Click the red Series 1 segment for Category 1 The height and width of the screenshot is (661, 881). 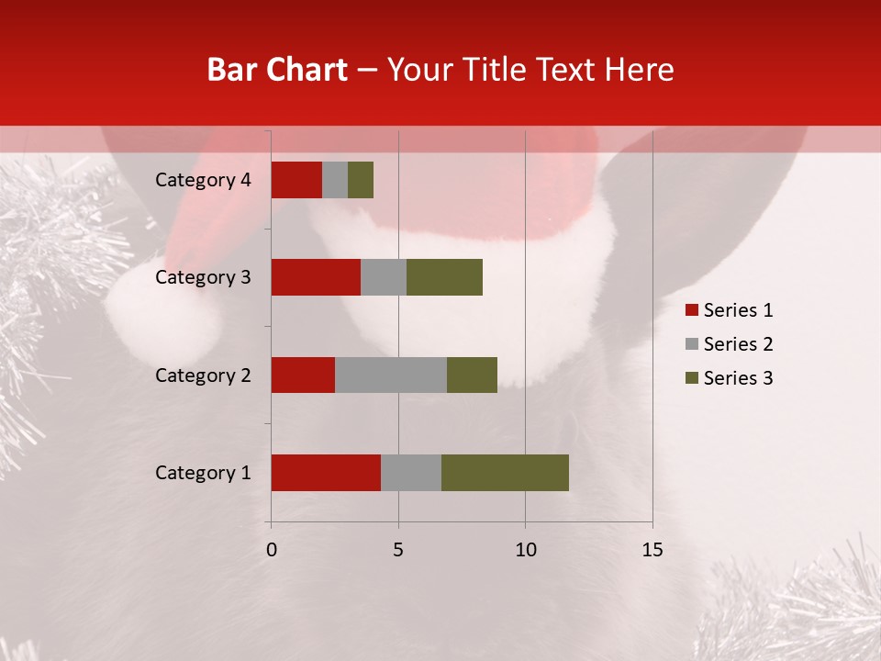pyautogui.click(x=326, y=473)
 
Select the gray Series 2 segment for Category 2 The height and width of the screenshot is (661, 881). pyautogui.click(x=391, y=375)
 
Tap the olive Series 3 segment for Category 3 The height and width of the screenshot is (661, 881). pyautogui.click(x=444, y=277)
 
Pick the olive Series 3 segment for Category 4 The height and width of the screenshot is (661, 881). pyautogui.click(x=361, y=180)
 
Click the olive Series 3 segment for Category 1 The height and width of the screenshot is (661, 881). pyautogui.click(x=505, y=473)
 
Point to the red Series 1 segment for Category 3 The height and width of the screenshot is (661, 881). pyautogui.click(x=316, y=277)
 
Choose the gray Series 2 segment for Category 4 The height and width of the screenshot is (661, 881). pyautogui.click(x=335, y=180)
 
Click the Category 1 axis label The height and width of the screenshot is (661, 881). pyautogui.click(x=203, y=473)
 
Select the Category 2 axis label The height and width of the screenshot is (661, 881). pyautogui.click(x=203, y=375)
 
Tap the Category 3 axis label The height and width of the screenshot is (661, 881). pyautogui.click(x=203, y=277)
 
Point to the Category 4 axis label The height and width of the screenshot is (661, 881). pyautogui.click(x=203, y=180)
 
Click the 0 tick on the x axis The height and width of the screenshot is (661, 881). pyautogui.click(x=272, y=550)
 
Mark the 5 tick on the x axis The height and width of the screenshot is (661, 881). pyautogui.click(x=398, y=550)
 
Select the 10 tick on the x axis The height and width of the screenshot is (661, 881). pyautogui.click(x=525, y=550)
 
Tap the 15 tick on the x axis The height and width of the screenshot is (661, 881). pyautogui.click(x=652, y=550)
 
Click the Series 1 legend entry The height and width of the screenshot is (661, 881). pyautogui.click(x=729, y=310)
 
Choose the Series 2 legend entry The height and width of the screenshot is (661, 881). pyautogui.click(x=729, y=344)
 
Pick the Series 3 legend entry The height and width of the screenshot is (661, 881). pyautogui.click(x=729, y=378)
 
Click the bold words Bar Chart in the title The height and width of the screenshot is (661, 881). pyautogui.click(x=277, y=70)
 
